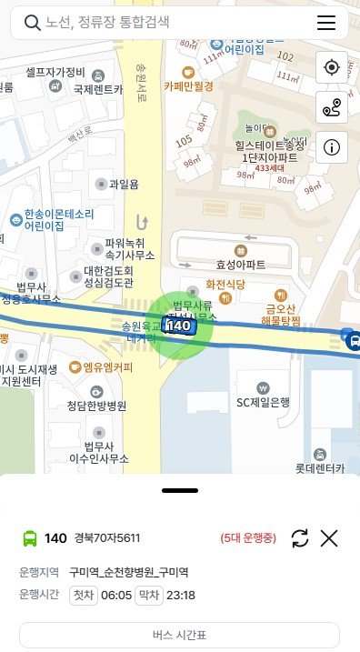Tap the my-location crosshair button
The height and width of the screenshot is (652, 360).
(x=331, y=67)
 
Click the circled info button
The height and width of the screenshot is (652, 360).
(x=331, y=147)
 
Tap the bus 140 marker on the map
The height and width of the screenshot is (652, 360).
(x=180, y=325)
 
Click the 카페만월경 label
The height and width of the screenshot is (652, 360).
(x=189, y=85)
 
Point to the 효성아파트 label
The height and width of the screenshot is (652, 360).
(x=241, y=265)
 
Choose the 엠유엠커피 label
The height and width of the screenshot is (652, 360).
(x=106, y=367)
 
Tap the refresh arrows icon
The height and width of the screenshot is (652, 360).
(x=300, y=538)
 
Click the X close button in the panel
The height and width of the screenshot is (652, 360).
(x=329, y=538)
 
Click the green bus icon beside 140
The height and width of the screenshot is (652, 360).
(x=30, y=538)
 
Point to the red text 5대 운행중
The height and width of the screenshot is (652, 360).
(x=247, y=538)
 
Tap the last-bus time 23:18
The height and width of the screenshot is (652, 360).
(x=180, y=596)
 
